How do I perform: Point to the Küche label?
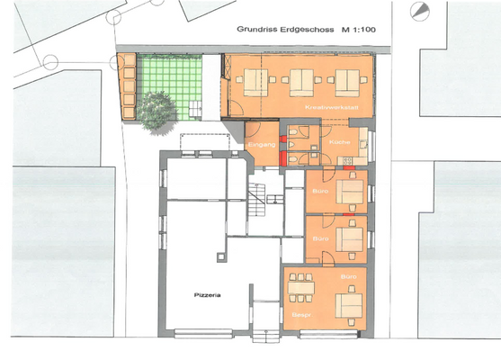[340, 143]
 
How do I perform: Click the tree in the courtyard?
[157, 108]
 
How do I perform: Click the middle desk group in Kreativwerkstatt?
[301, 83]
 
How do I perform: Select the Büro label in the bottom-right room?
[350, 274]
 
